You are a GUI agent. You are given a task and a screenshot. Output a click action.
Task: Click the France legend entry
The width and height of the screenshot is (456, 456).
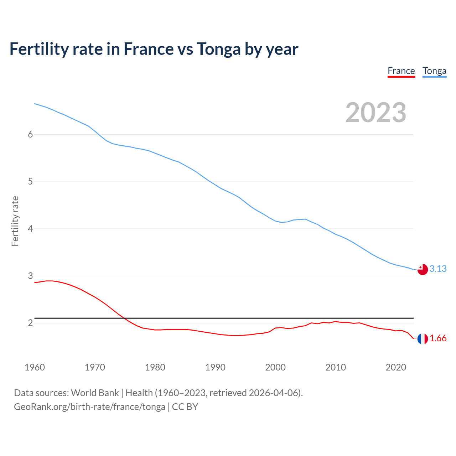pos(401,71)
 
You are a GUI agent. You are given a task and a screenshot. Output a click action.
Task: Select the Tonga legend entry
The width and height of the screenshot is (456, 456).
pos(434,71)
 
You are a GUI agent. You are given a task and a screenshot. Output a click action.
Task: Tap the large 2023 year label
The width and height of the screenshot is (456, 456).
pos(375,113)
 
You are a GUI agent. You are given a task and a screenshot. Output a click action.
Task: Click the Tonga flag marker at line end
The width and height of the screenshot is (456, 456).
pos(423,270)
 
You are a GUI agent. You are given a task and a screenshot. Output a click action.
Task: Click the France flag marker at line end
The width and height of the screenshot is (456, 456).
pos(423,339)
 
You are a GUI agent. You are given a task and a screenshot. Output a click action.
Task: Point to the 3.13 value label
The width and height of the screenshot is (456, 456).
pos(438,269)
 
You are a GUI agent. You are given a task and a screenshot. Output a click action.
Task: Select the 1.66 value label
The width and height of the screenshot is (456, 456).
pos(438,338)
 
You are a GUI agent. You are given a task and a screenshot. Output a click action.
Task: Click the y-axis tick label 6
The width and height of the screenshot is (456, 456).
pos(30,135)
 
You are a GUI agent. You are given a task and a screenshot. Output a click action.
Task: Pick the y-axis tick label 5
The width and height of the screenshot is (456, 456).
pos(30,182)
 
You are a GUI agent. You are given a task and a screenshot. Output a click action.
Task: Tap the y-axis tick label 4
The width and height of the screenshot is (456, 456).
pos(30,229)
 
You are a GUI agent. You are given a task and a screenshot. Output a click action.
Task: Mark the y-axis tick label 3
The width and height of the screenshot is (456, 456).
pos(30,276)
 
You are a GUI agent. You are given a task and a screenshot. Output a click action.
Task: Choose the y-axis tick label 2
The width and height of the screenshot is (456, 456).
pos(30,323)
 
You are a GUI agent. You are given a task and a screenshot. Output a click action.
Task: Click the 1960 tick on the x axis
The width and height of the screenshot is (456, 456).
pos(35,367)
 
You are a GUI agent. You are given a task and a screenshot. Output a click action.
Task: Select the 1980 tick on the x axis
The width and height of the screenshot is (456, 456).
pos(155,367)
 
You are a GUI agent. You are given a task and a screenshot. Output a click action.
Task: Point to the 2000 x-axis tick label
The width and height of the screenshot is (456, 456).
pos(275,367)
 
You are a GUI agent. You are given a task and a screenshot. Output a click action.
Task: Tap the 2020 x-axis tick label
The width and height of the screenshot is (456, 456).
pos(396,367)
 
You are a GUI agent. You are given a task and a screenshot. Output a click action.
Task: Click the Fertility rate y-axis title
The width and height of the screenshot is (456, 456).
pos(15,221)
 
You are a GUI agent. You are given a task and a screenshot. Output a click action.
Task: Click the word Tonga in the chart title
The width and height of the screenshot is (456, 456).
pos(218,49)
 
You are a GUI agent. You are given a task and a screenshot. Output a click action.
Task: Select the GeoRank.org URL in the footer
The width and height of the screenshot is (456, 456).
pos(89,407)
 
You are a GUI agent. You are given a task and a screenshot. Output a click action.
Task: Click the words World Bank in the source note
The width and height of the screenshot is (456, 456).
pos(95,393)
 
